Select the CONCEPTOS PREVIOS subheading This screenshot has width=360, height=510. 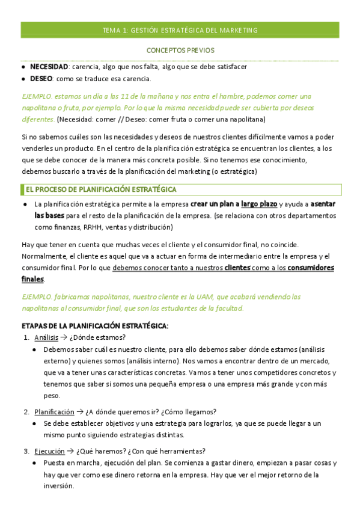[180, 51]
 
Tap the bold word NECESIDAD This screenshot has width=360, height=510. [49, 67]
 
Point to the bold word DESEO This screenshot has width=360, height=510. [41, 79]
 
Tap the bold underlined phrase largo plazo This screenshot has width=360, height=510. [259, 204]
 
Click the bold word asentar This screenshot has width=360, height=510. [323, 204]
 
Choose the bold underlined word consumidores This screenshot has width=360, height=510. [308, 268]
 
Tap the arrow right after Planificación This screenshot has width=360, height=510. [80, 412]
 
